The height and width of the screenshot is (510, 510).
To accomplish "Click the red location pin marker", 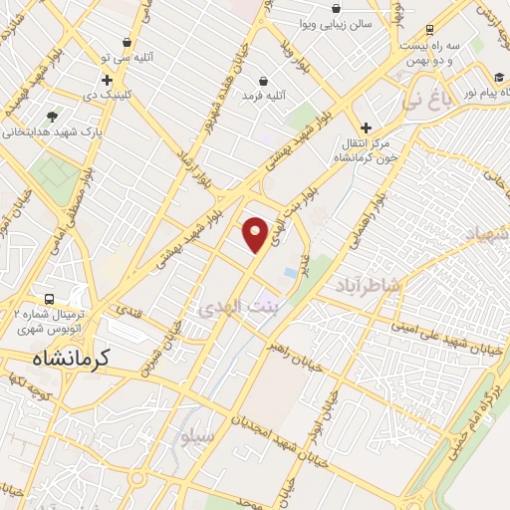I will (x=257, y=233).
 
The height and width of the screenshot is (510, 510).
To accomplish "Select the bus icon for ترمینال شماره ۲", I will (x=49, y=300).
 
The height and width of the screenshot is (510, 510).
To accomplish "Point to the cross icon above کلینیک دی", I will (x=107, y=79).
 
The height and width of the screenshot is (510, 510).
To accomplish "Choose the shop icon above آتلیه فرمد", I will (x=263, y=80).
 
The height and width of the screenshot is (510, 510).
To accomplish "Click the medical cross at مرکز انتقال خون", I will (x=367, y=127).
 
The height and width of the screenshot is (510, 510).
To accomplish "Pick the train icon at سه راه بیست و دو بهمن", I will (x=429, y=30).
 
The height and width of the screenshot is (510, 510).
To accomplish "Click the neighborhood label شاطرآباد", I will (x=370, y=284).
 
